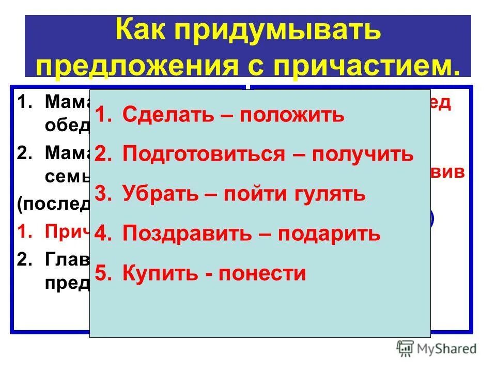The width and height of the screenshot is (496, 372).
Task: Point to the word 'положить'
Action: [292, 115]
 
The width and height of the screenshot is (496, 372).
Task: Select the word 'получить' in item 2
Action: [363, 154]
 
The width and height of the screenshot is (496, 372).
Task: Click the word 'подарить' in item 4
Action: [329, 234]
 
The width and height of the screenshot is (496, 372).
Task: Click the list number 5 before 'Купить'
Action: [102, 274]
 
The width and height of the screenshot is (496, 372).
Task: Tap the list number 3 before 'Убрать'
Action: [102, 194]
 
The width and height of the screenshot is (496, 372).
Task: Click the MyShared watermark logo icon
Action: [405, 349]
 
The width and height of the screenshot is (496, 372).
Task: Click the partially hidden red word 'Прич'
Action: [67, 233]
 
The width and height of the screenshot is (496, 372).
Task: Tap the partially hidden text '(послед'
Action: [54, 203]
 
